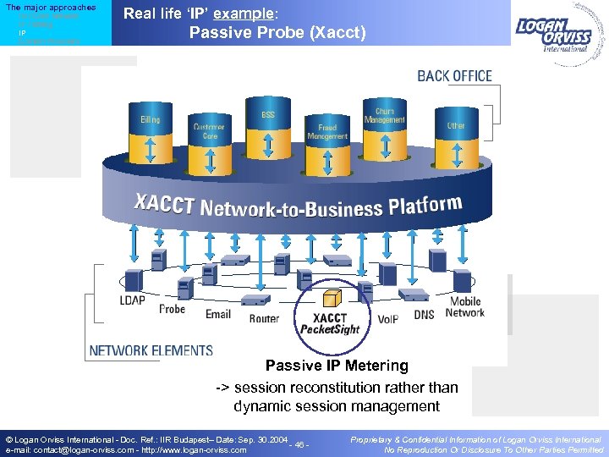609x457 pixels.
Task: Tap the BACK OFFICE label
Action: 454,76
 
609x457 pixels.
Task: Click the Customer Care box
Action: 208,131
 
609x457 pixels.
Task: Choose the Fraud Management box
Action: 326,131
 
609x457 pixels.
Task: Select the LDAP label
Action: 132,300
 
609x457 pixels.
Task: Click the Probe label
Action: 173,309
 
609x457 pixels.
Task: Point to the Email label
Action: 217,314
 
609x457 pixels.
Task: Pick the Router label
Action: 264,318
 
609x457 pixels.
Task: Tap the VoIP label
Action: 387,318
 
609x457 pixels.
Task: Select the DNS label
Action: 424,314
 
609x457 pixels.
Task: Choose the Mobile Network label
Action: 465,306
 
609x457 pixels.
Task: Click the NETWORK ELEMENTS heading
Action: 151,350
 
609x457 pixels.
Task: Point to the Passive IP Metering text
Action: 337,366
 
